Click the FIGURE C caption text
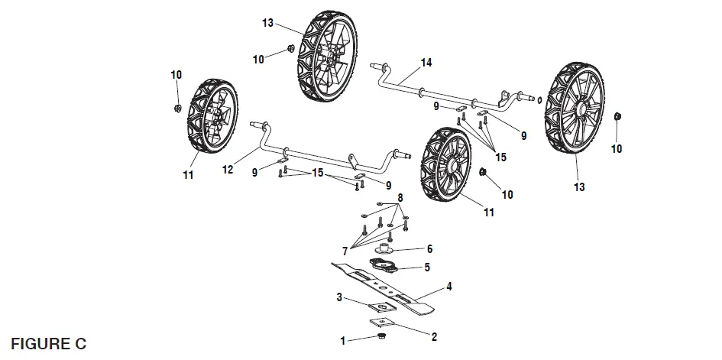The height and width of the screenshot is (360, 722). click(x=49, y=344)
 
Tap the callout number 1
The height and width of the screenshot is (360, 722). click(x=344, y=342)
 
